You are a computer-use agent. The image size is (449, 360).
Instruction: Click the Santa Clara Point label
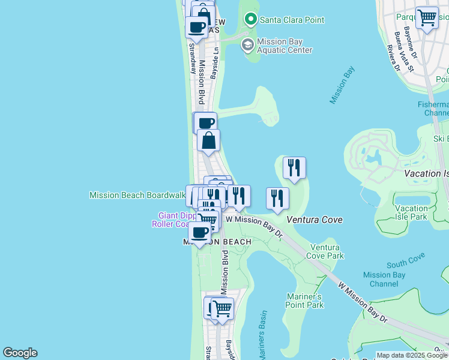pyautogui.click(x=292, y=20)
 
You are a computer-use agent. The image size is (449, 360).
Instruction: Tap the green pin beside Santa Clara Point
pyautogui.click(x=251, y=20)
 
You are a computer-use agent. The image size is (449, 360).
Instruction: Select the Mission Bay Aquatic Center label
pyautogui.click(x=285, y=46)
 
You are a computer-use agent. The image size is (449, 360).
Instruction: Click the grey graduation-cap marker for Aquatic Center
pyautogui.click(x=247, y=44)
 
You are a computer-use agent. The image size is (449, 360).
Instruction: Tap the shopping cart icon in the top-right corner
pyautogui.click(x=427, y=17)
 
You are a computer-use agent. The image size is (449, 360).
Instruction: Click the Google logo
pyautogui.click(x=20, y=353)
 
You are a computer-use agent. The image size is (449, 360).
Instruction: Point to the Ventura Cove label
pyautogui.click(x=315, y=220)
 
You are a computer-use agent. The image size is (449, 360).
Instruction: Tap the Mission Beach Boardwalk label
pyautogui.click(x=137, y=195)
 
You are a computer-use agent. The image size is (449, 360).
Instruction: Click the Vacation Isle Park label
pyautogui.click(x=411, y=212)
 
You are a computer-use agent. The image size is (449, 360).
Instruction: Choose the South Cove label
pyautogui.click(x=406, y=260)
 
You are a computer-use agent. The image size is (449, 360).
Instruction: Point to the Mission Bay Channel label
pyautogui.click(x=384, y=279)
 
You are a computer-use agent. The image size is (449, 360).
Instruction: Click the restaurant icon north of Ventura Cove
pyautogui.click(x=294, y=167)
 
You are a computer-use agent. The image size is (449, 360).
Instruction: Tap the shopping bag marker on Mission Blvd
pyautogui.click(x=209, y=140)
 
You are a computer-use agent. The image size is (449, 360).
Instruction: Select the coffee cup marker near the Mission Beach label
pyautogui.click(x=199, y=232)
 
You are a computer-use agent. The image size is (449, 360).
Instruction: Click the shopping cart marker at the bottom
pyautogui.click(x=222, y=308)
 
